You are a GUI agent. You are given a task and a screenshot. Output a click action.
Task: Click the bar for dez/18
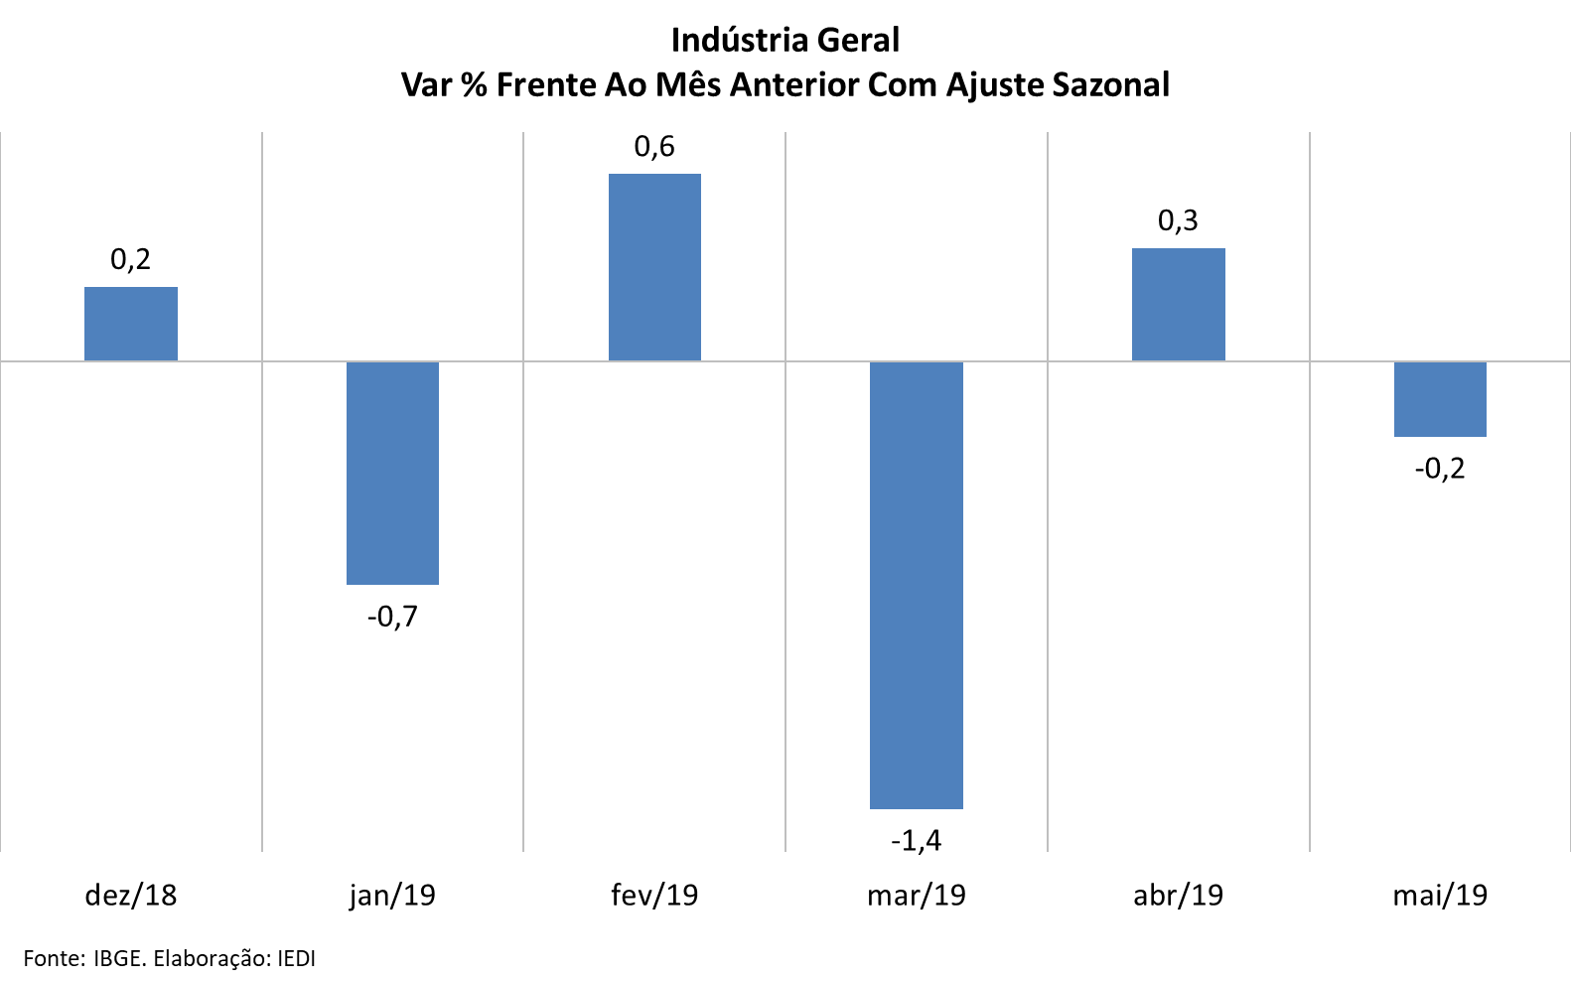click(131, 324)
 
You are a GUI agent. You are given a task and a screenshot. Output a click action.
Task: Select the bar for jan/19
click(392, 473)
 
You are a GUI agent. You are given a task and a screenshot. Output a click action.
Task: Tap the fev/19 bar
click(654, 267)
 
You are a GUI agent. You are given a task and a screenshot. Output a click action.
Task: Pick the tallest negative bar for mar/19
click(916, 585)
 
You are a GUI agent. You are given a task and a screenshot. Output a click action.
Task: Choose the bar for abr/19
click(1178, 304)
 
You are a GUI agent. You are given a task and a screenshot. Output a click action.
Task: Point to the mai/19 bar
click(1440, 399)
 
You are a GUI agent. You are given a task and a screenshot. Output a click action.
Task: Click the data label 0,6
click(654, 147)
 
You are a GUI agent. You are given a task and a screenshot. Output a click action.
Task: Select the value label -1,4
click(916, 841)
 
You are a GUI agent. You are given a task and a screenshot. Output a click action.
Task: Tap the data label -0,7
click(392, 617)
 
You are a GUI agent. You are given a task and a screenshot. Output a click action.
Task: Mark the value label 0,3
click(1178, 220)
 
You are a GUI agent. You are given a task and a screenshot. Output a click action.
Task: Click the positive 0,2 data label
click(131, 259)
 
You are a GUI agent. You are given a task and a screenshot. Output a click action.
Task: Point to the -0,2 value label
click(1440, 468)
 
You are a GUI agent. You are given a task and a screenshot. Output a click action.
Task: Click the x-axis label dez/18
click(131, 896)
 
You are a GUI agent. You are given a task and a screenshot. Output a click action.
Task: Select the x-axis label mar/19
click(916, 896)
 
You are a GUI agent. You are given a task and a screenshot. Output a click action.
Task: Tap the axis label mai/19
click(1440, 896)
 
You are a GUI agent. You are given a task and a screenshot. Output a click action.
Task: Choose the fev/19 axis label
click(654, 896)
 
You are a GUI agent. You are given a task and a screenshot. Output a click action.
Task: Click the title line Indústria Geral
click(785, 40)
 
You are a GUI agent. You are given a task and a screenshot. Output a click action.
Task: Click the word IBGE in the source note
click(119, 958)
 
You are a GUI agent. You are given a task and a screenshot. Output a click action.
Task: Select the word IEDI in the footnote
click(296, 958)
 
